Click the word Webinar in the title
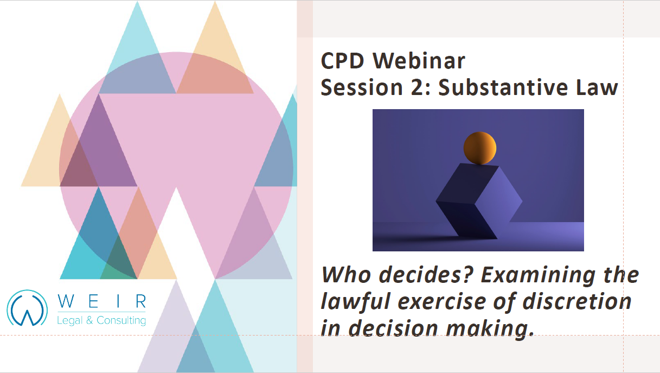[x=419, y=61]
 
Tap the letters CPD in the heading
[x=342, y=61]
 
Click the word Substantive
[x=503, y=87]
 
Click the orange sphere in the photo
[x=479, y=148]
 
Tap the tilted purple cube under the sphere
[x=479, y=201]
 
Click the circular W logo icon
[x=27, y=308]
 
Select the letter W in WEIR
[x=66, y=301]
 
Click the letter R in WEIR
[x=141, y=301]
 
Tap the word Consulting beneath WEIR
[x=121, y=320]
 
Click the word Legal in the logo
[x=69, y=320]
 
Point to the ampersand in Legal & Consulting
[x=89, y=320]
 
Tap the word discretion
[x=577, y=301]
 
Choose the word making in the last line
[x=490, y=329]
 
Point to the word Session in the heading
[x=362, y=87]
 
